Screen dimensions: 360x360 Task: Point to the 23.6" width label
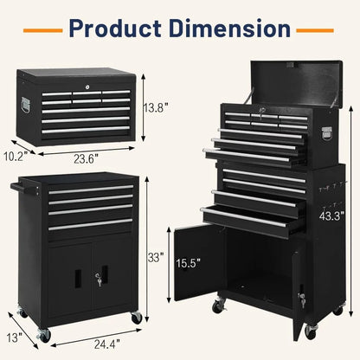[x=86, y=159]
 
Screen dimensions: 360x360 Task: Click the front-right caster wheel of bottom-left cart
[x=136, y=317]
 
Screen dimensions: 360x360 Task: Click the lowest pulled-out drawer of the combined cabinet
[x=243, y=222]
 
